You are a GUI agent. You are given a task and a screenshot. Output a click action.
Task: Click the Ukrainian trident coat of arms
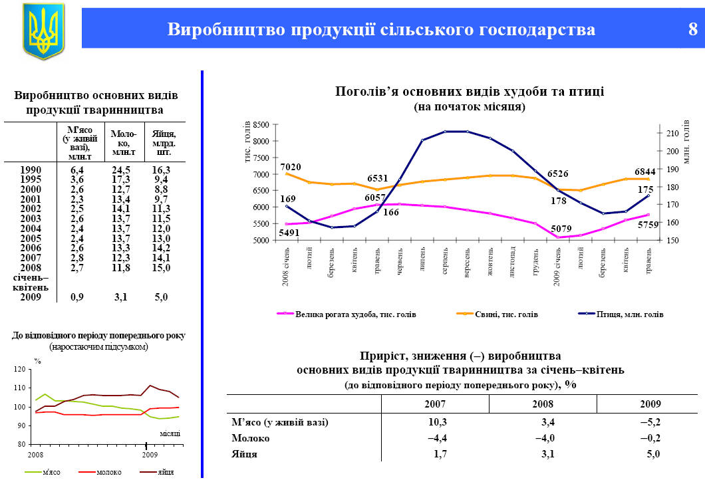(x=43, y=31)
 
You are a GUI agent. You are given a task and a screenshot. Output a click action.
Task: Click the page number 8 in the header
(x=692, y=30)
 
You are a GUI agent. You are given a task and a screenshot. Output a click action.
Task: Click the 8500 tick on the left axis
(x=261, y=125)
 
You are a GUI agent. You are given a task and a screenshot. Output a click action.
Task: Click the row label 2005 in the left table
(x=31, y=238)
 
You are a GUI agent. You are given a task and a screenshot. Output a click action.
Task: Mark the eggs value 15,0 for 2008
(x=161, y=267)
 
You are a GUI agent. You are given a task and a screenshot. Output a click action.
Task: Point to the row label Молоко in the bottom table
(x=250, y=439)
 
